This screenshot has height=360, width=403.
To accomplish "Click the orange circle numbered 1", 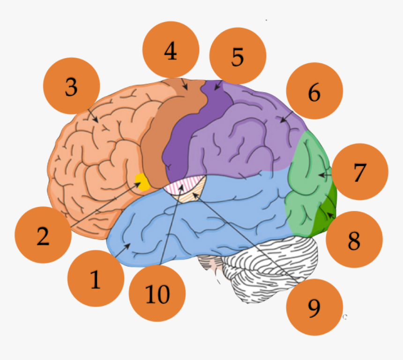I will [95, 279].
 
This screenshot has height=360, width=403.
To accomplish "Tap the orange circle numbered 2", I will [43, 235].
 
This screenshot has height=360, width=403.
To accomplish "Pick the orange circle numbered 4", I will [171, 50].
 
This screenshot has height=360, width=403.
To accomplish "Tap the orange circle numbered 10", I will [157, 293].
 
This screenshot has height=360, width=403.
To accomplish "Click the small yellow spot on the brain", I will [142, 181].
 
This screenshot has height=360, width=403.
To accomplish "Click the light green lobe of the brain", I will [307, 187].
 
